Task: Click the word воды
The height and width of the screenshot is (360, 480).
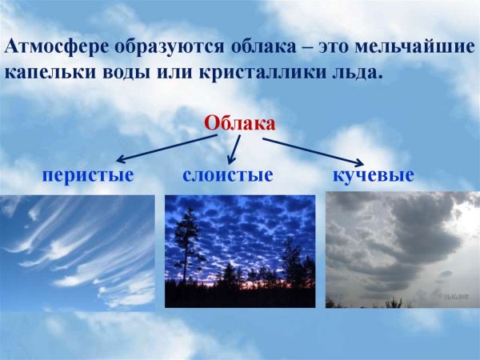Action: point(124,72)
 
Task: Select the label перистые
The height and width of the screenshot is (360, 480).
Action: point(88,174)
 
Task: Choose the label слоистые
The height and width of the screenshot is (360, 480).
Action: point(228,174)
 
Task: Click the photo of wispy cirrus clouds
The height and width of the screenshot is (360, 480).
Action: point(78,252)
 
